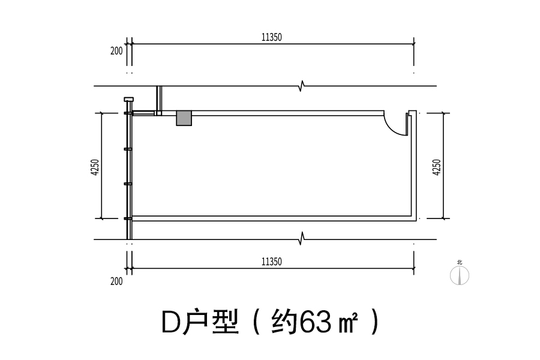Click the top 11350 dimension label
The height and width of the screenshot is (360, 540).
tap(272, 37)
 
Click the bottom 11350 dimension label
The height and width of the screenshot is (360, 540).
tap(272, 262)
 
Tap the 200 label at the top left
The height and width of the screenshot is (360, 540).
tap(116, 51)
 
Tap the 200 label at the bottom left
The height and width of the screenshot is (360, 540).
tap(116, 281)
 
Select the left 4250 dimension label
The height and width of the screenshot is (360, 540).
tap(95, 167)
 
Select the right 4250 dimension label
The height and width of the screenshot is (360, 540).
tap(436, 167)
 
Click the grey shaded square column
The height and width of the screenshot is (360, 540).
tap(184, 118)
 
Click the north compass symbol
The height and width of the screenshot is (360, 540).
tap(460, 275)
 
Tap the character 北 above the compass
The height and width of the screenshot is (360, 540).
tap(460, 262)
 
